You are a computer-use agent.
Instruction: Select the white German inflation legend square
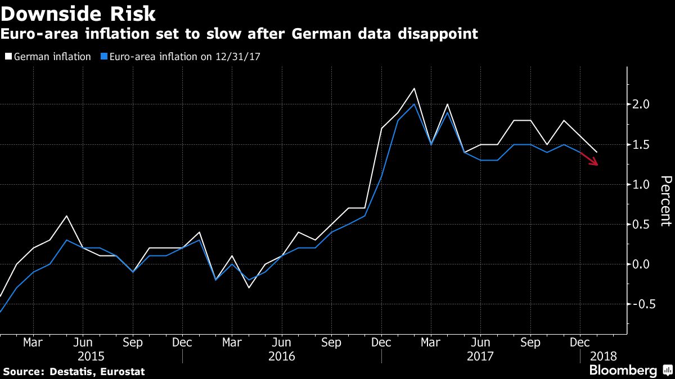8,56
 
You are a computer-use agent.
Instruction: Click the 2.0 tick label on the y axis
642,104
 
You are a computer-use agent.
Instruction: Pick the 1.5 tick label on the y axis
642,144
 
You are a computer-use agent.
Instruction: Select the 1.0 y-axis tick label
642,184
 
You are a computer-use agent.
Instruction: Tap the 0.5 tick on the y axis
642,224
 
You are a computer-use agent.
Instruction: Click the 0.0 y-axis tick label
642,264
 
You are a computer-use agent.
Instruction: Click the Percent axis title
665,200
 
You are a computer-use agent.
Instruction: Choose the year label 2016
281,356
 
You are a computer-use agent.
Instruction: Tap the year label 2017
480,356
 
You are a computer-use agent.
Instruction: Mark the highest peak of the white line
414,88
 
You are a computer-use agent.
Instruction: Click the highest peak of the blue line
414,104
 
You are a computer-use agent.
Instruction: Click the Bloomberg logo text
623,371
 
